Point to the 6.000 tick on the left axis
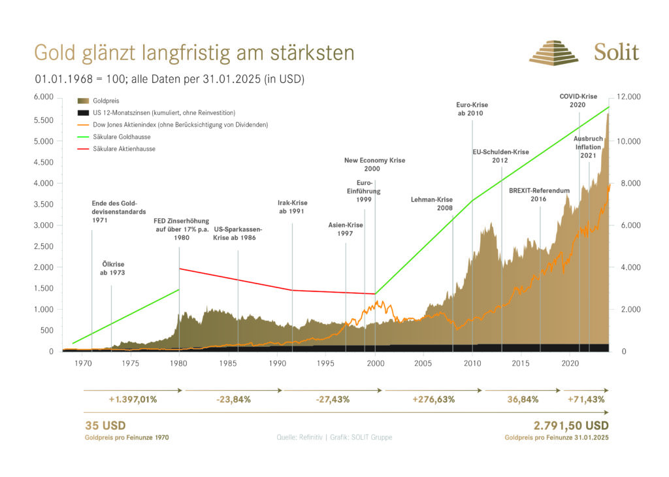42,97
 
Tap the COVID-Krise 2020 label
578,101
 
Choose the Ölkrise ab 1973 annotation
112,269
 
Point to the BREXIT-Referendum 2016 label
540,195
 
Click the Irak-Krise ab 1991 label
292,207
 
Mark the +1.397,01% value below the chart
133,399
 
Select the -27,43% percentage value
333,399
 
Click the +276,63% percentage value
432,399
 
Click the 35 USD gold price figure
105,425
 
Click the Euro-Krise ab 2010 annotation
472,109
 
